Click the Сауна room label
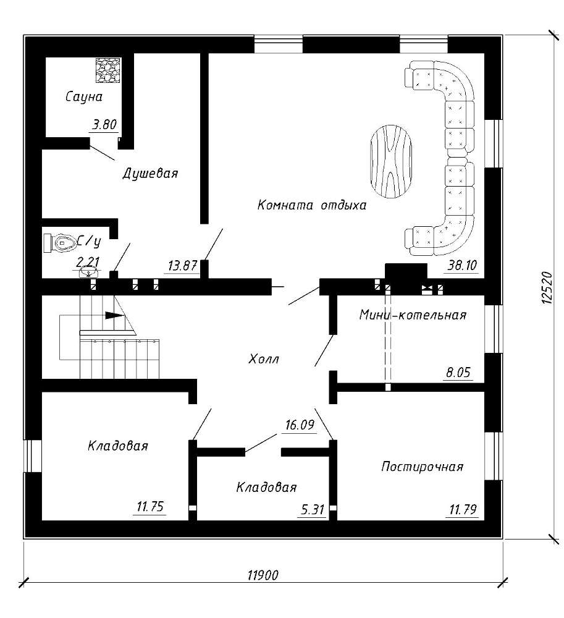(x=84, y=97)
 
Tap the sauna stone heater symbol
(x=108, y=70)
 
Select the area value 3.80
(x=104, y=125)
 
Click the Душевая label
(x=150, y=173)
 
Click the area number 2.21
(x=88, y=261)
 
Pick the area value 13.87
(x=182, y=266)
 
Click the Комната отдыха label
(x=311, y=205)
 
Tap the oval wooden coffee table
(x=390, y=161)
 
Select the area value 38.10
(x=463, y=265)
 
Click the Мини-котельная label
(x=413, y=315)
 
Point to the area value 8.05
(x=458, y=373)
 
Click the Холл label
(x=264, y=359)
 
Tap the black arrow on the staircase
(x=114, y=315)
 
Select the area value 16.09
(x=300, y=425)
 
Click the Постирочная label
(x=422, y=467)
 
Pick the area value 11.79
(x=463, y=510)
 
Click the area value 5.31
(x=313, y=510)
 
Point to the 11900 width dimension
(x=263, y=575)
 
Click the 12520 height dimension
(x=547, y=288)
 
